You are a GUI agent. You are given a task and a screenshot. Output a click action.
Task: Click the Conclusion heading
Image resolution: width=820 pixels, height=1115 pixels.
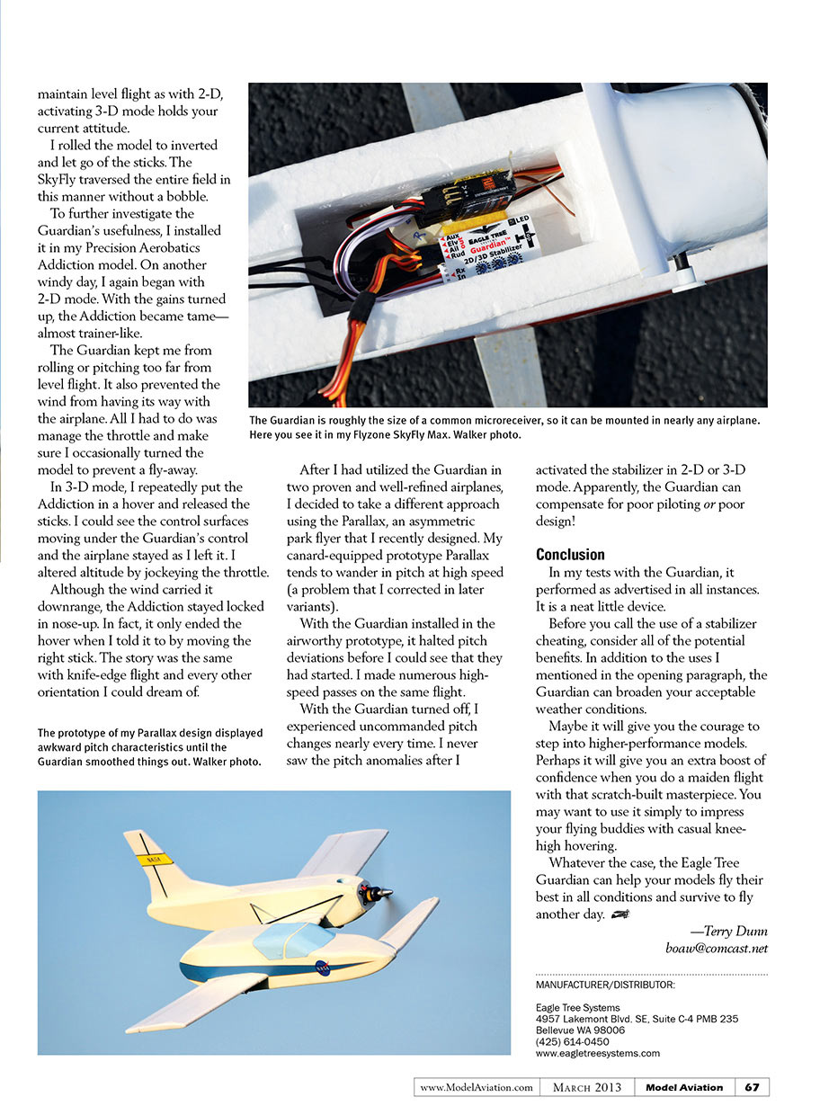570,554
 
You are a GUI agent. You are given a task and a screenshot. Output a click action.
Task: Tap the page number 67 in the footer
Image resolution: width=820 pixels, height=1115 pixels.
752,1087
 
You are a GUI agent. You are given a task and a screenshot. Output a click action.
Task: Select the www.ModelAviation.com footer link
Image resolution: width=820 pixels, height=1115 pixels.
477,1087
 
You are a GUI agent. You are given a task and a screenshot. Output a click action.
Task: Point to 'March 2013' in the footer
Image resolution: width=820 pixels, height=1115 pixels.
588,1087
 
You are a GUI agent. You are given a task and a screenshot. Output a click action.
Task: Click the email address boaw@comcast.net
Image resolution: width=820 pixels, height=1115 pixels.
717,948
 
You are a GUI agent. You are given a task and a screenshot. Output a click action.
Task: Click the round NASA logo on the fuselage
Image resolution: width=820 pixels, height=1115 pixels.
322,968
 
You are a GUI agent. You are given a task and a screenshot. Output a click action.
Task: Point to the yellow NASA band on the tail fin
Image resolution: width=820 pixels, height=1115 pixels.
154,858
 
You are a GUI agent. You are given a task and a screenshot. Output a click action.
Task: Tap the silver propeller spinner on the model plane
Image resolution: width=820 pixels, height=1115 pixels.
383,893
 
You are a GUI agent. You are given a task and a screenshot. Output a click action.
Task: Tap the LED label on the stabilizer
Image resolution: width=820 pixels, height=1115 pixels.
520,220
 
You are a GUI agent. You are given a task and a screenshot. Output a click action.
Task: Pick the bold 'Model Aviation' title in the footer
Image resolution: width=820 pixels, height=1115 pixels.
684,1087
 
